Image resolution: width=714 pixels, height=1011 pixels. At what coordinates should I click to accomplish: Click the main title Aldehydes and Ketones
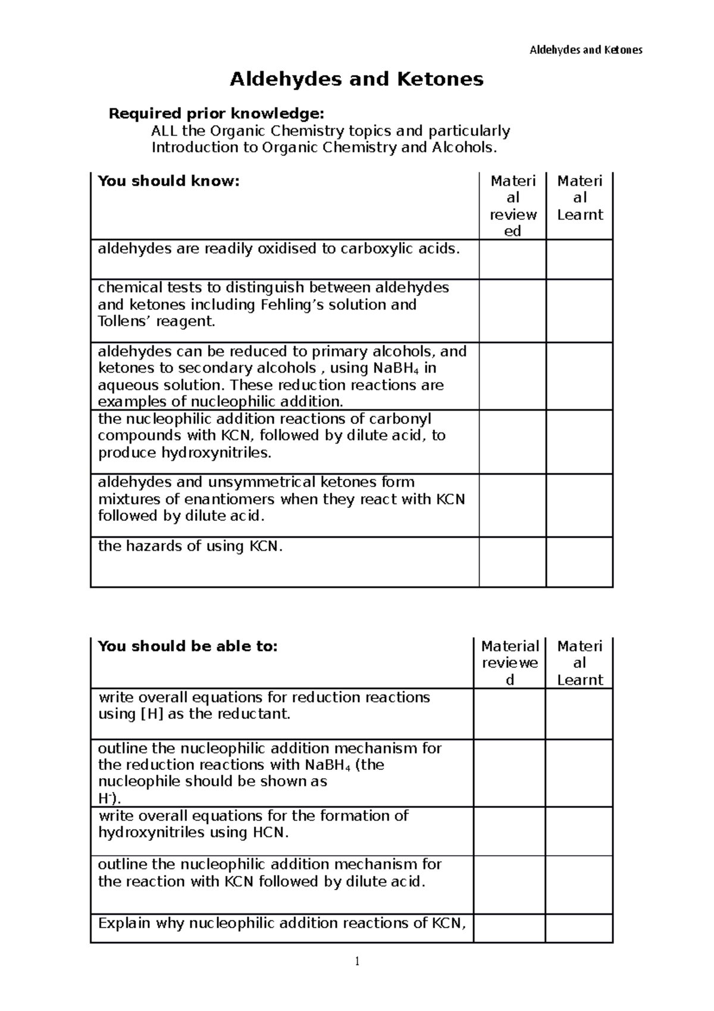tap(356, 79)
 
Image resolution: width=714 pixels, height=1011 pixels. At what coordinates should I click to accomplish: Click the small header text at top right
tap(585, 50)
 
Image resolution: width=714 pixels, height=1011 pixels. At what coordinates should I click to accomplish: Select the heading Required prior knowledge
tap(217, 113)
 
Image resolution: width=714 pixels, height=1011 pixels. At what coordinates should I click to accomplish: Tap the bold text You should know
tap(168, 181)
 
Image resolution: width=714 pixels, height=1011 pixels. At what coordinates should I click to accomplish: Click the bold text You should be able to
tap(187, 646)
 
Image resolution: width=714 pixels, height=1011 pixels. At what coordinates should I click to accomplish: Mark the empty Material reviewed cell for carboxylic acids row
tap(512, 260)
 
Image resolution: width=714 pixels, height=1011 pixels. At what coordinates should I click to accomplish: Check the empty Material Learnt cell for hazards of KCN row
tap(579, 562)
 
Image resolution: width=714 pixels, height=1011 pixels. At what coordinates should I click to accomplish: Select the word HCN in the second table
tap(270, 833)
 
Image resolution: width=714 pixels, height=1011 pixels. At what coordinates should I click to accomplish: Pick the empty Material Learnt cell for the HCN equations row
tap(579, 832)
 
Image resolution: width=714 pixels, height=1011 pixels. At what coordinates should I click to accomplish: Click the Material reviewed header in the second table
tap(510, 663)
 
